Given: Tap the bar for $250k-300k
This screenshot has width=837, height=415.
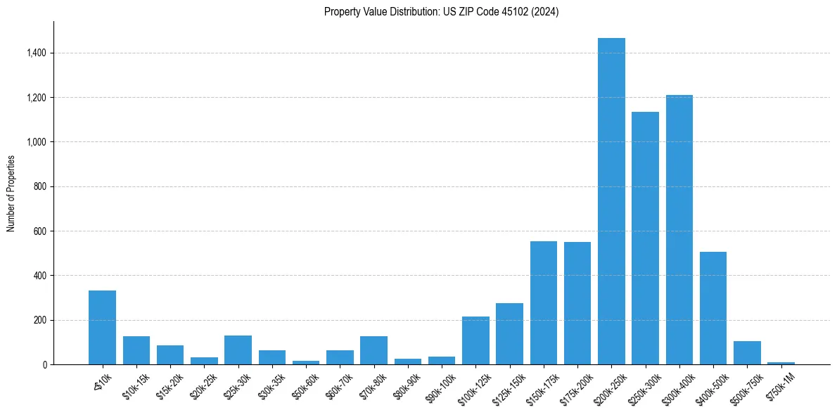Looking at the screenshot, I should coord(645,238).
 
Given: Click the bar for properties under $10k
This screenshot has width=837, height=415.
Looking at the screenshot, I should coord(102,328).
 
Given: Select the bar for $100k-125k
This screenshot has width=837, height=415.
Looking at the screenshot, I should coord(475,340).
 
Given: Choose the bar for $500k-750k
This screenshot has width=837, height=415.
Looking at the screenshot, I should coord(747,353).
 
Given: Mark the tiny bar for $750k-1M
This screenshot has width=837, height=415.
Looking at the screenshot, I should coord(781,363).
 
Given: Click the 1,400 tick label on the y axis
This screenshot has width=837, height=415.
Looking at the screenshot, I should coord(36,53).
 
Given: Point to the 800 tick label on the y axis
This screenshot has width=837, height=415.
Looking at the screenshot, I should coord(40,186).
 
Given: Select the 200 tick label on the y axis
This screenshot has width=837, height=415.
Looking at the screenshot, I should coord(40,320).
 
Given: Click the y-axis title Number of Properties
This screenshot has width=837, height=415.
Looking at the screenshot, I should coord(11,193).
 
